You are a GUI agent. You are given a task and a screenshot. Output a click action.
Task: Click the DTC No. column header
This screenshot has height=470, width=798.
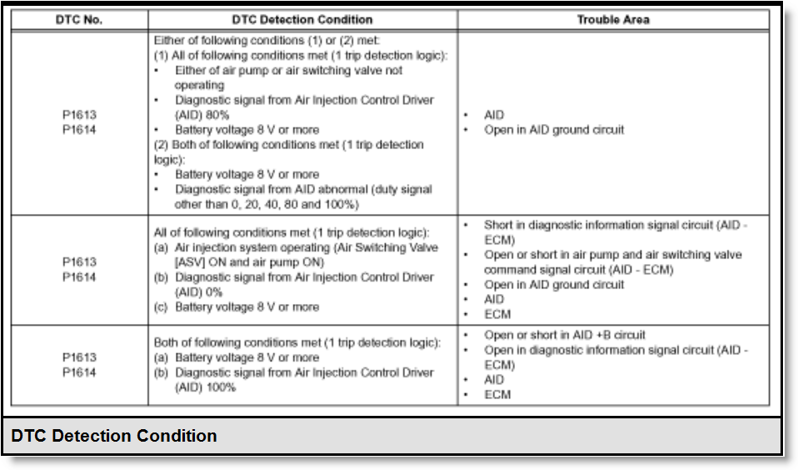click(x=78, y=20)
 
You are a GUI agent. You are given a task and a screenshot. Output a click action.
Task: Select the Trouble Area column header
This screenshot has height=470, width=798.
click(x=612, y=20)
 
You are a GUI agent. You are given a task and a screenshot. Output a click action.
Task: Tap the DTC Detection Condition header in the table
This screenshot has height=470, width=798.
click(x=302, y=20)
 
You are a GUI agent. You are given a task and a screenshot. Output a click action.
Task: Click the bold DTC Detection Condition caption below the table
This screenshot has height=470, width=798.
click(x=114, y=436)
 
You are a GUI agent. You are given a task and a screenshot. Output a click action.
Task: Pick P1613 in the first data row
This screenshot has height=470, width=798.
click(x=79, y=115)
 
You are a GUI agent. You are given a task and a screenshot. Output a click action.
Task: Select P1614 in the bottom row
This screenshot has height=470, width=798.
click(x=79, y=372)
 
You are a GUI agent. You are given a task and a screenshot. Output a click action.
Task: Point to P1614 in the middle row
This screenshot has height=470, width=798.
click(x=79, y=277)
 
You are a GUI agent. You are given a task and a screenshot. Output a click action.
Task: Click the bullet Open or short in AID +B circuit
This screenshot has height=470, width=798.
click(x=565, y=336)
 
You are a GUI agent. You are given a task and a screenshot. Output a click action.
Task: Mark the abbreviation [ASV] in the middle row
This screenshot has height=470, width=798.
click(x=192, y=262)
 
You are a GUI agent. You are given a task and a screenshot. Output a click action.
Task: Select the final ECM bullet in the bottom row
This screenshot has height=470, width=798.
click(x=497, y=395)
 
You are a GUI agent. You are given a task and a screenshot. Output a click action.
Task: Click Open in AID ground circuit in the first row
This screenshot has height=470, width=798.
click(x=554, y=130)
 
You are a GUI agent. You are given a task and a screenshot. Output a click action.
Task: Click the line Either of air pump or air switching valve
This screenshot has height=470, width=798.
click(x=288, y=70)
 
